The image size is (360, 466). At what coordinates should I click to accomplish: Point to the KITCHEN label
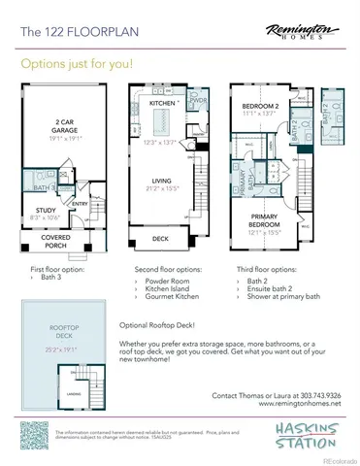pos(161,102)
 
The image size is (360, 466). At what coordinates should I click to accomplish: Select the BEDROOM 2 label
pos(261,104)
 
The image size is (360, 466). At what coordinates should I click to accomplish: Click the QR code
pos(36,435)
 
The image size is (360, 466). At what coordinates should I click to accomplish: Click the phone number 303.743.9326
pos(312,396)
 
